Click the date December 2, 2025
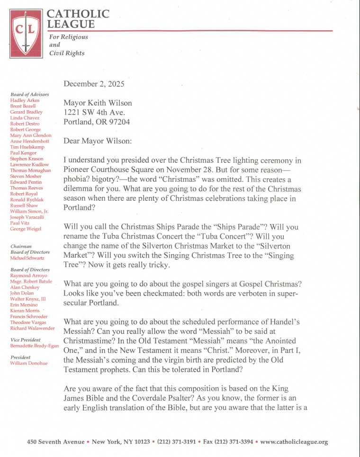pyautogui.click(x=94, y=84)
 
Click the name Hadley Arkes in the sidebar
pyautogui.click(x=25, y=100)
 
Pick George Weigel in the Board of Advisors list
pyautogui.click(x=26, y=229)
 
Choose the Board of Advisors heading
pyautogui.click(x=29, y=95)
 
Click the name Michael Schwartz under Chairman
pyautogui.click(x=28, y=258)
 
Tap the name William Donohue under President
pyautogui.click(x=28, y=363)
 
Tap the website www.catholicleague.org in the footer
pyautogui.click(x=294, y=442)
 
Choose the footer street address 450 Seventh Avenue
pyautogui.click(x=56, y=442)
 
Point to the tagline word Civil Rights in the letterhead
pyautogui.click(x=67, y=53)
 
